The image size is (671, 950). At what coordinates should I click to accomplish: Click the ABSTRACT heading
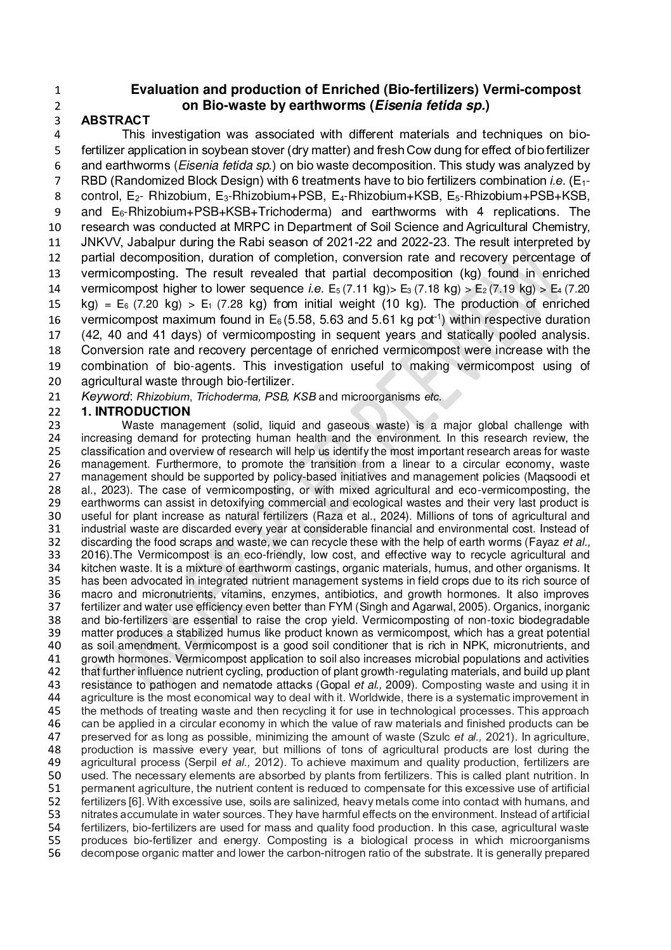coord(115,121)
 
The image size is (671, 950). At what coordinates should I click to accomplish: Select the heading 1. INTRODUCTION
coord(136,412)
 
